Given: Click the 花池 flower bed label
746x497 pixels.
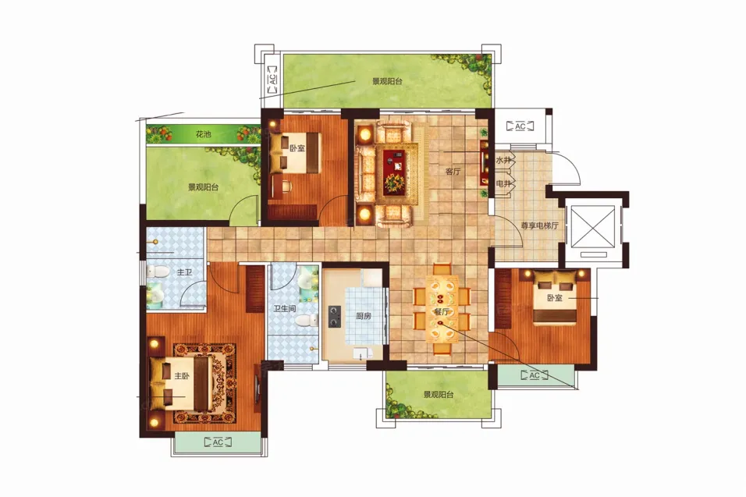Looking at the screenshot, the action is (203, 135).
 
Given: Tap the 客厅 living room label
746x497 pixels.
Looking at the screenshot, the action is (453, 172).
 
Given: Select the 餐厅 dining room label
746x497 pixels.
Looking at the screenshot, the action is (442, 312).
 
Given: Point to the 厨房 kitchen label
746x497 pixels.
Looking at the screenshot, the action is (364, 315).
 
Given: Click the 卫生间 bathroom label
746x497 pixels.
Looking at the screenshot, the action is (285, 309).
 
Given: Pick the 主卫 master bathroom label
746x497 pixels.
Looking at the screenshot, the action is (184, 272).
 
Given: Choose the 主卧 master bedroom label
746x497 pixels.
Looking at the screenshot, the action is (182, 376).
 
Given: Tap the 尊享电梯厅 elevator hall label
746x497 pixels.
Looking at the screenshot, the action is (539, 226).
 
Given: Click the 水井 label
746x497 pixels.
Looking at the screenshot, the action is (503, 161).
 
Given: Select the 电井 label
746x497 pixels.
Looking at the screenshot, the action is (503, 183).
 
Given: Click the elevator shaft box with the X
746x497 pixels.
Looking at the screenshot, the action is (593, 226).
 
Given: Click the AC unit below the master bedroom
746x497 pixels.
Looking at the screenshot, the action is (218, 442).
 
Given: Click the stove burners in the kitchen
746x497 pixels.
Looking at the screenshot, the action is (335, 317).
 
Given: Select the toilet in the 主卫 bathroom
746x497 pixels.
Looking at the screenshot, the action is (158, 272).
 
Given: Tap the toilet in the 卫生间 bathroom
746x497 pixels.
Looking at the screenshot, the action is (307, 321).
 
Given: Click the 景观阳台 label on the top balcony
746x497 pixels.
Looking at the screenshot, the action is (387, 81).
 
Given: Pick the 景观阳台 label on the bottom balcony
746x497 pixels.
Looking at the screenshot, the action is (439, 395).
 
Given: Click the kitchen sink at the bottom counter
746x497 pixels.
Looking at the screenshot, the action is (363, 354).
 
